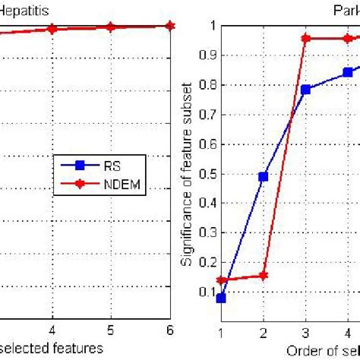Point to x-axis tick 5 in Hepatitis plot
[x=110, y=330]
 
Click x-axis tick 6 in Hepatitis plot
[x=169, y=330]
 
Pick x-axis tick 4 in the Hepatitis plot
[x=52, y=330]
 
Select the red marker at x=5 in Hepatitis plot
[x=110, y=27]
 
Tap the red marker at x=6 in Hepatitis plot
[x=169, y=25]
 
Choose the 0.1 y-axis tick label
[x=207, y=292]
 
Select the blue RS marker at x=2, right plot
[x=263, y=176]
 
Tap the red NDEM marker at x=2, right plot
[x=263, y=276]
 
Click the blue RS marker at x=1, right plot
[x=221, y=298]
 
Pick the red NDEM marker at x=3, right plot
[x=305, y=38]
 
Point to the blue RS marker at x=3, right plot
[x=305, y=89]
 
